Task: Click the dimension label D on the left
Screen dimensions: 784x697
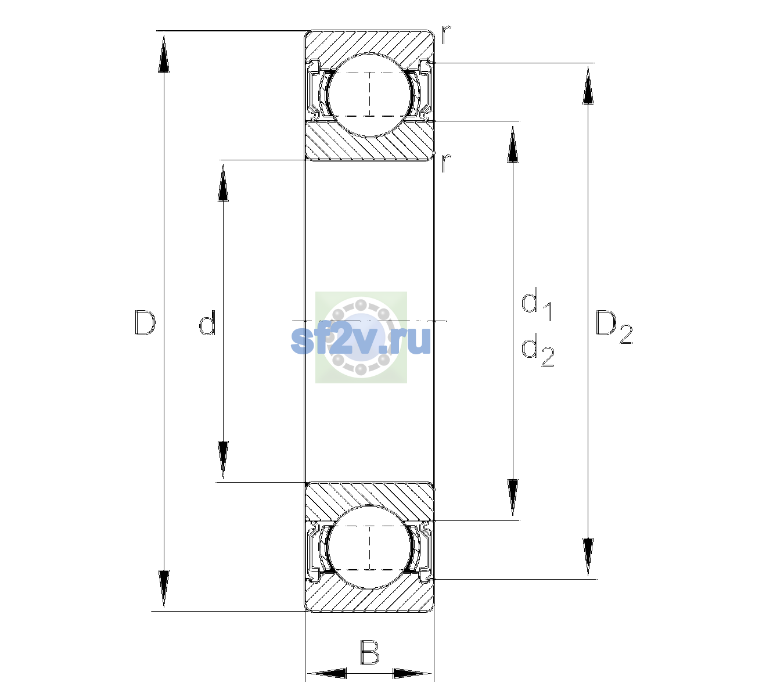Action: pos(145,322)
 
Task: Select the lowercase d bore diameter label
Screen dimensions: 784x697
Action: pos(207,322)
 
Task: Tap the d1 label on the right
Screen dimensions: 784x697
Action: pos(537,304)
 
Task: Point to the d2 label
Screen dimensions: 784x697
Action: pos(538,350)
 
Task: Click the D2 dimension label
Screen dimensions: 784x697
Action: pos(614,327)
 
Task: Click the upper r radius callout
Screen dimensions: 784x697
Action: pos(446,35)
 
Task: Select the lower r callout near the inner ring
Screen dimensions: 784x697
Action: pos(446,163)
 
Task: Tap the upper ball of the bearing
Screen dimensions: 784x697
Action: pos(369,95)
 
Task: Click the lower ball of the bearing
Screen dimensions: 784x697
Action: pos(369,548)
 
